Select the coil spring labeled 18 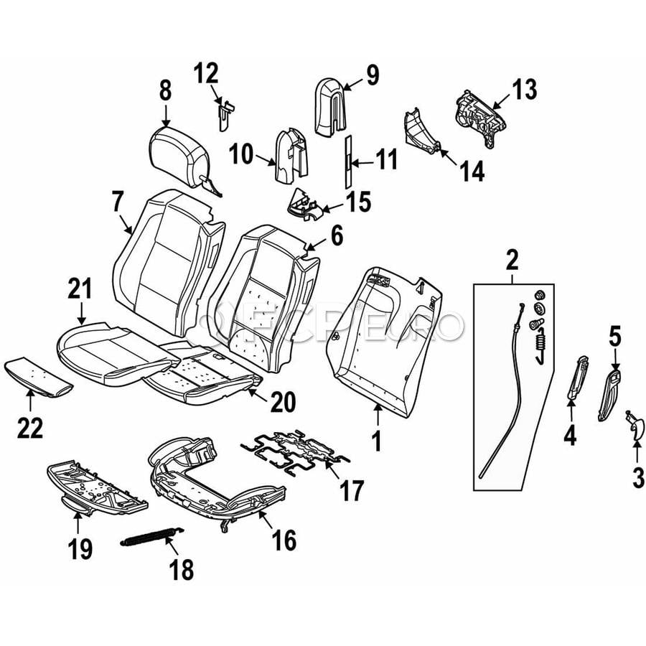(150, 538)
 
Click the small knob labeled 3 (635, 429)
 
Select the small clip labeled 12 (224, 112)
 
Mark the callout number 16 (284, 540)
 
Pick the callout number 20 (281, 404)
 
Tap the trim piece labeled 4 (577, 377)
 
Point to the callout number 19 (80, 549)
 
